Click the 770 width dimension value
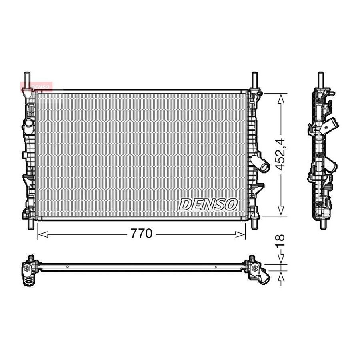point(142,234)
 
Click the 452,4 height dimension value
point(280,154)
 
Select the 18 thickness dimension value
point(280,240)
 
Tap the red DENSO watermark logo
point(36,87)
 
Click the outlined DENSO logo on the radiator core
point(208,204)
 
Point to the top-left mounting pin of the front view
point(27,80)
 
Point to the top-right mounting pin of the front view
point(255,80)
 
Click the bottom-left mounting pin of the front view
point(30,224)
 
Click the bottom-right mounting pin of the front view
point(254,224)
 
